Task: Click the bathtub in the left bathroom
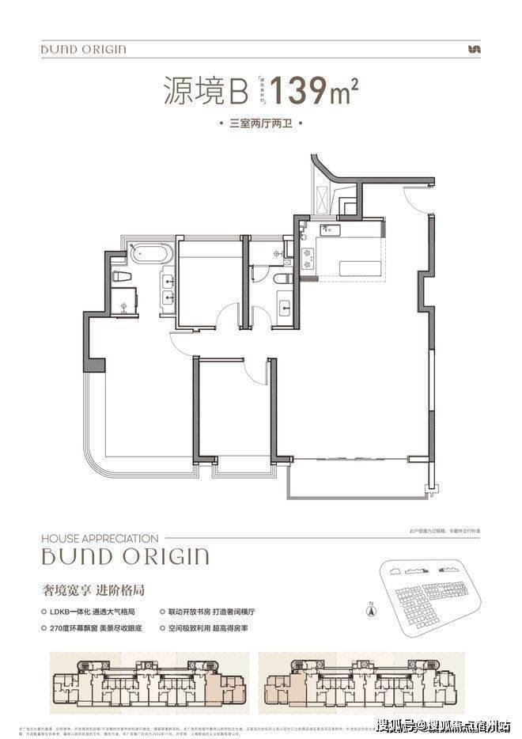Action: click(149, 255)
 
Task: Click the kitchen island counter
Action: click(360, 267)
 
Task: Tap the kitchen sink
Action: click(330, 229)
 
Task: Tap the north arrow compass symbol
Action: click(369, 610)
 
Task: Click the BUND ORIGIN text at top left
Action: click(84, 50)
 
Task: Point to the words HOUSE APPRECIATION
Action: click(100, 538)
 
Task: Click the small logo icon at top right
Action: click(475, 49)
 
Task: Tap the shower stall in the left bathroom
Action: click(123, 301)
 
